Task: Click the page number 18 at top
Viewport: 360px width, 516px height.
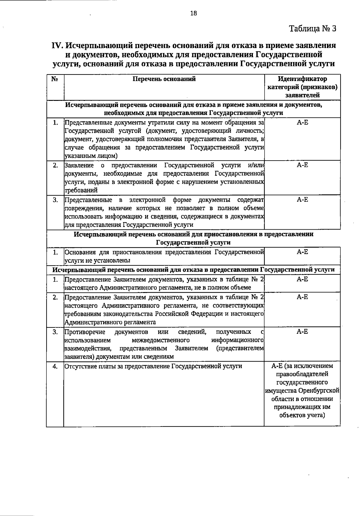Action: pyautogui.click(x=193, y=13)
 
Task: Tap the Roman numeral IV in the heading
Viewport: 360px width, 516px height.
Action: pyautogui.click(x=57, y=46)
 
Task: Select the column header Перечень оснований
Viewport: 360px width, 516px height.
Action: pyautogui.click(x=164, y=79)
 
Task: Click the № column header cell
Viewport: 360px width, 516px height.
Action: pyautogui.click(x=55, y=79)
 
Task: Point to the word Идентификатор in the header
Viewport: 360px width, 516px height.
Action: pyautogui.click(x=302, y=79)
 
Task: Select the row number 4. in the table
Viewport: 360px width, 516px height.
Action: pyautogui.click(x=55, y=367)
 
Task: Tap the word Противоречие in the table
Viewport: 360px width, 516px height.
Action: pyautogui.click(x=85, y=332)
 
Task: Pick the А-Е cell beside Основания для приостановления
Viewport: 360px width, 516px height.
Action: pyautogui.click(x=302, y=252)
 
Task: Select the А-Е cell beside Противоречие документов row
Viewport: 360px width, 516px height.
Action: pyautogui.click(x=302, y=332)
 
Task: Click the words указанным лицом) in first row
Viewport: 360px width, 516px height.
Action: pyautogui.click(x=91, y=156)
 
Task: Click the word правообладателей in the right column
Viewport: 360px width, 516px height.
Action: pyautogui.click(x=302, y=374)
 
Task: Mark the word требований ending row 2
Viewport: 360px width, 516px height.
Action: pyautogui.click(x=81, y=190)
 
